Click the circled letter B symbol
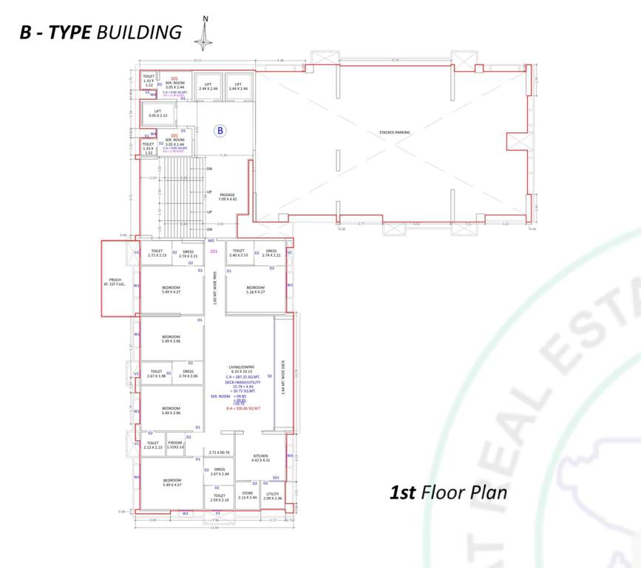220,131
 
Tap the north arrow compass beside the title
206,33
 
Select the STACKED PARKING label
394,132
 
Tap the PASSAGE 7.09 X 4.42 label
227,197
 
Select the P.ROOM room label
175,446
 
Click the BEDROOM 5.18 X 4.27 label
256,289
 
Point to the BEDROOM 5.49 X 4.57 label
172,482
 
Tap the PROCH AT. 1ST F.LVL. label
115,281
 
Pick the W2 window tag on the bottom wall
186,513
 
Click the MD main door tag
211,241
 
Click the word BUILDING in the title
139,32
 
